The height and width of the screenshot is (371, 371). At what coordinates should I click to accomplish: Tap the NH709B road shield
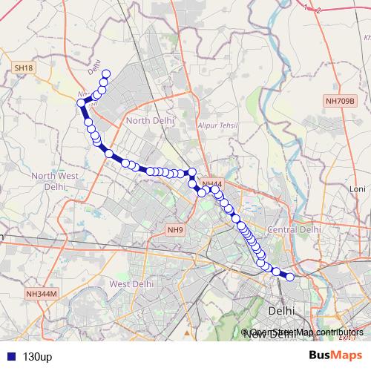click(341, 100)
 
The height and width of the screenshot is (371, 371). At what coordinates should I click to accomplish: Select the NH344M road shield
click(41, 294)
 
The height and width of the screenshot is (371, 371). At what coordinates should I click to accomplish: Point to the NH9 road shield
click(175, 229)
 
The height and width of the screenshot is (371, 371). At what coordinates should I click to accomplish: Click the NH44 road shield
click(211, 183)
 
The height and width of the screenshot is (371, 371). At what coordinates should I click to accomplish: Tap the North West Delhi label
click(53, 181)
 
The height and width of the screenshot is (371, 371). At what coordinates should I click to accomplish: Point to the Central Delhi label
click(294, 230)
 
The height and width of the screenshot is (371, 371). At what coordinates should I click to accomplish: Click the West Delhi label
click(131, 283)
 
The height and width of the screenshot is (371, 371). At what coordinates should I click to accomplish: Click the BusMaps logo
click(335, 356)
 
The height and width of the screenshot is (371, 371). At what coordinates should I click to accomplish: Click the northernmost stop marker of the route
click(106, 73)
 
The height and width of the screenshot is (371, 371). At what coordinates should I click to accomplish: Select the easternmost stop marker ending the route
click(290, 278)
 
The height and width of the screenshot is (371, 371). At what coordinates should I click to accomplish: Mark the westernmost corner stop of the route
click(80, 103)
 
